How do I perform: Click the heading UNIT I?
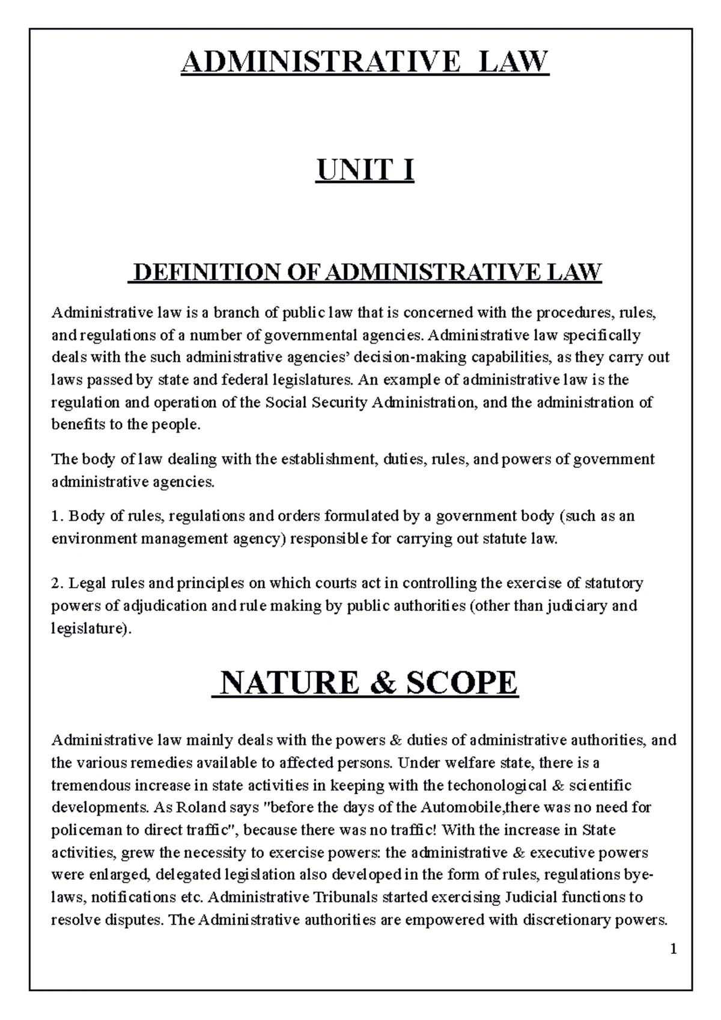pyautogui.click(x=365, y=171)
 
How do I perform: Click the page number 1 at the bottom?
pyautogui.click(x=674, y=949)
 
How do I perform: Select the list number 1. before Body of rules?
pyautogui.click(x=57, y=516)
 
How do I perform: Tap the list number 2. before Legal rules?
pyautogui.click(x=58, y=583)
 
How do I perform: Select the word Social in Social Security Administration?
pyautogui.click(x=286, y=402)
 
